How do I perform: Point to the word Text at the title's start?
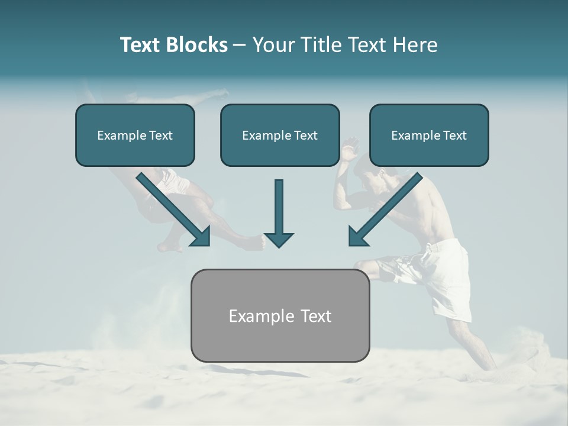pyautogui.click(x=141, y=45)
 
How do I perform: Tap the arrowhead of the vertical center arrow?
pyautogui.click(x=279, y=239)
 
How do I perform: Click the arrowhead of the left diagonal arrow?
pyautogui.click(x=201, y=236)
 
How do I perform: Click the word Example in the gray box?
pyautogui.click(x=259, y=316)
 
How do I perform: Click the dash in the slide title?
pyautogui.click(x=240, y=46)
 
